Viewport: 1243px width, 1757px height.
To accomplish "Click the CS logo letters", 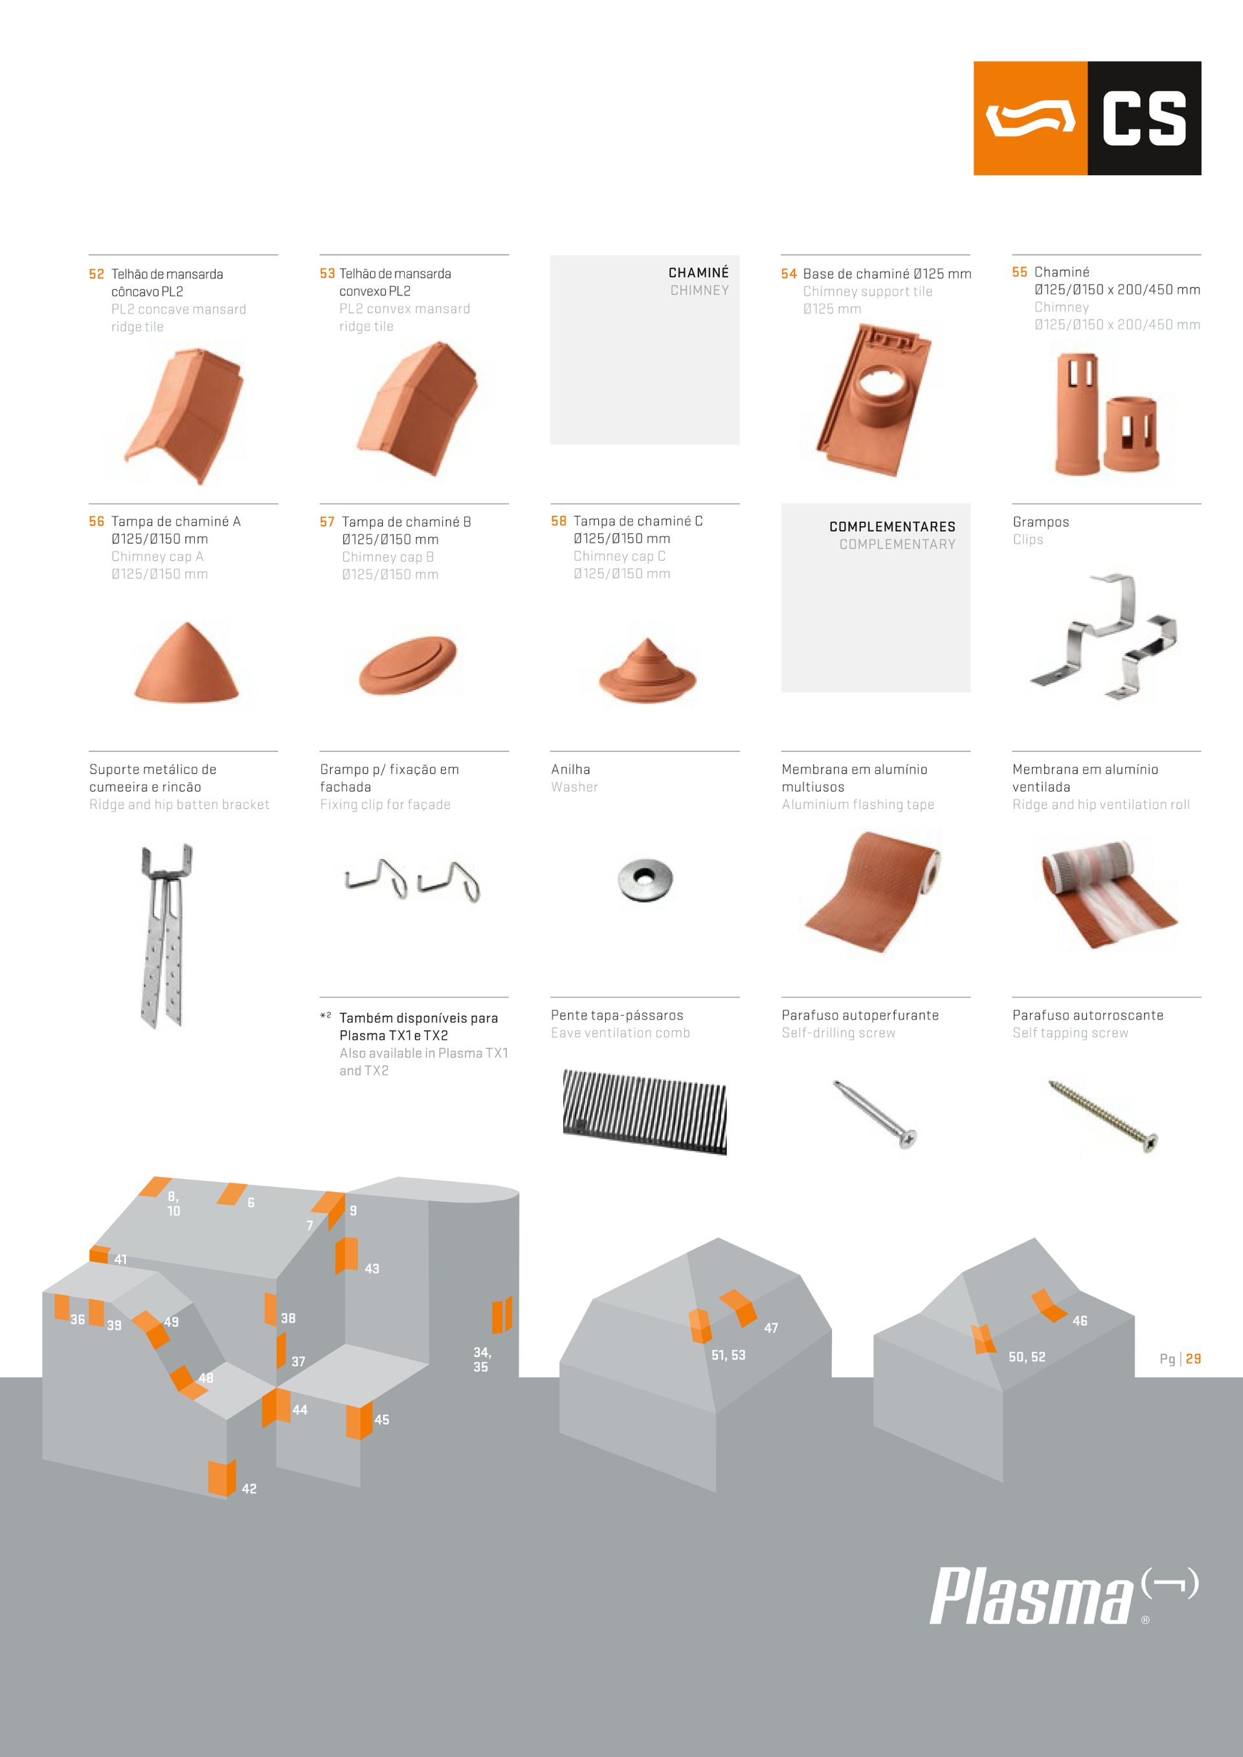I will pos(1143,118).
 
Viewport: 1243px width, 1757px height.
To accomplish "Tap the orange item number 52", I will pos(96,274).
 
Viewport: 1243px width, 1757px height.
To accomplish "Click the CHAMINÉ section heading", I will pos(698,272).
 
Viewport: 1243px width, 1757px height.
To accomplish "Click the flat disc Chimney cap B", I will pos(409,665).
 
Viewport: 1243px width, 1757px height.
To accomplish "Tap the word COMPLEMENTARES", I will pos(891,527).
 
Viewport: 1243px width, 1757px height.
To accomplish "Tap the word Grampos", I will pos(1040,522).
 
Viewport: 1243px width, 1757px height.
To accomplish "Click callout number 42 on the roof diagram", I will pos(249,1488).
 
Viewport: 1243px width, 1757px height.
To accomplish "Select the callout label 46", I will pos(1079,1321).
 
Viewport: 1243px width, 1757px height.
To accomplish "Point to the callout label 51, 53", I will pos(728,1355).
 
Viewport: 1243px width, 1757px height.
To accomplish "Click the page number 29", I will pos(1193,1358).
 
